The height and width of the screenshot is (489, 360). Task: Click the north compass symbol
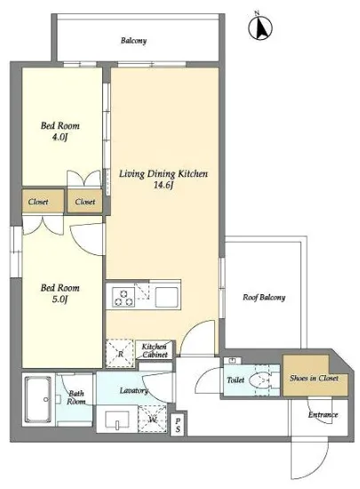pos(260,27)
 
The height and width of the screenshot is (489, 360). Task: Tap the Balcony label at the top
pos(133,41)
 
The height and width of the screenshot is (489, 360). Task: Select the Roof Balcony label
pos(264,298)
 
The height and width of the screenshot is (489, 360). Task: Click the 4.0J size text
pos(60,137)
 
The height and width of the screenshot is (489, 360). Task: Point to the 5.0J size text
pos(60,299)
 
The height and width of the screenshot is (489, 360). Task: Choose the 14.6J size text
pos(164,185)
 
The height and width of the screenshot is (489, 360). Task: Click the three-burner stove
pos(124,297)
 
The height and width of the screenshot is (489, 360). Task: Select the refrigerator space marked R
pos(120,353)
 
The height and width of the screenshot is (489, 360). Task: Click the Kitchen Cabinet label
pos(155,350)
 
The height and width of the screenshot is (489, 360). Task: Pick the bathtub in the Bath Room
pos(38,399)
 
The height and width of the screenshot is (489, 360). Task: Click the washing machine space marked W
pos(152,419)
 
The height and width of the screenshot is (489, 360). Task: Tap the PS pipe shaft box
pos(178,425)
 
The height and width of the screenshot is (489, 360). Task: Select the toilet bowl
pos(260,381)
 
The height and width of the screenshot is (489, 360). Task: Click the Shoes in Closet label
pos(314,378)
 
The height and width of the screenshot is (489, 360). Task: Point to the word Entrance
pos(323,415)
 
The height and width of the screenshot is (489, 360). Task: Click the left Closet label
pos(38,202)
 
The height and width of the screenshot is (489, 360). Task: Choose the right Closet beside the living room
pos(84,202)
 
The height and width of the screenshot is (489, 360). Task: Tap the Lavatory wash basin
pos(117,421)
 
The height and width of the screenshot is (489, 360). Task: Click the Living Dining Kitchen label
pos(164,173)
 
